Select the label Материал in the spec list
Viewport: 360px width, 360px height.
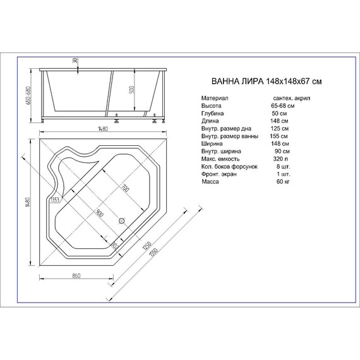click(x=215, y=99)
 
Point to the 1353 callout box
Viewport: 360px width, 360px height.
click(x=55, y=201)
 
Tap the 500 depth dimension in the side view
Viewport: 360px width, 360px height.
click(x=131, y=88)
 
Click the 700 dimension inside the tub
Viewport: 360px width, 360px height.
click(x=124, y=188)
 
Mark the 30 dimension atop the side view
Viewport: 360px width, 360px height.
click(x=75, y=59)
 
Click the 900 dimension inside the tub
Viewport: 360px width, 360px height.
click(x=100, y=213)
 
